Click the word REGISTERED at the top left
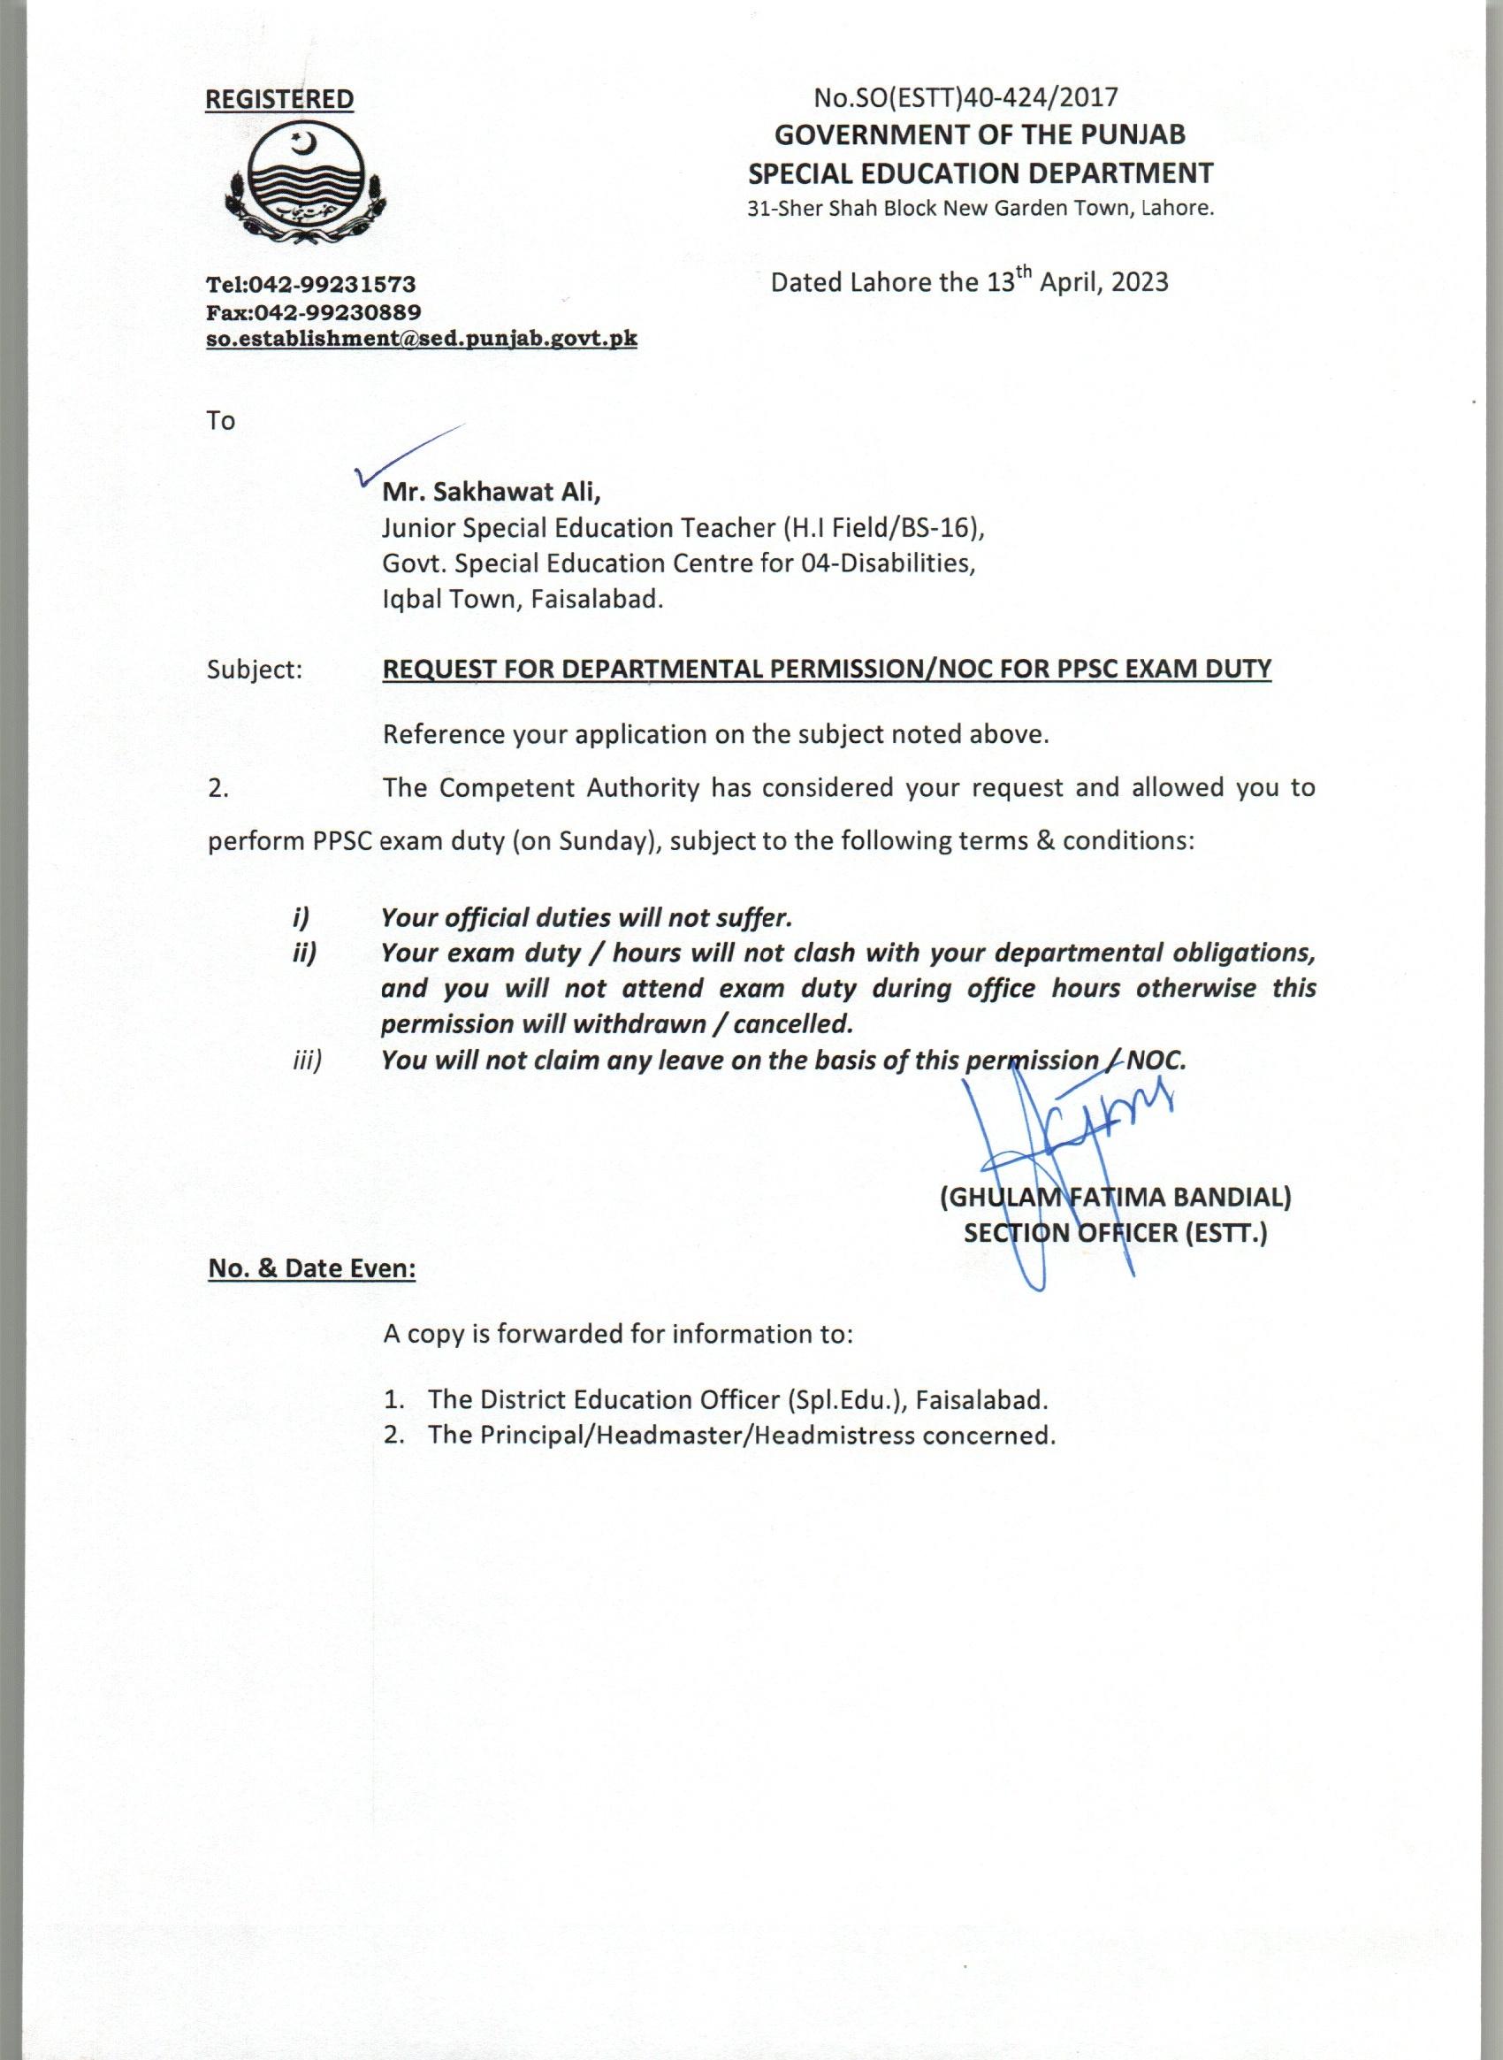[x=279, y=99]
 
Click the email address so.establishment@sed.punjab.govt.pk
[x=421, y=340]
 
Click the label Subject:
[x=254, y=670]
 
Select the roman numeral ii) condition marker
[x=303, y=953]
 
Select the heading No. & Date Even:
[x=312, y=1269]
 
